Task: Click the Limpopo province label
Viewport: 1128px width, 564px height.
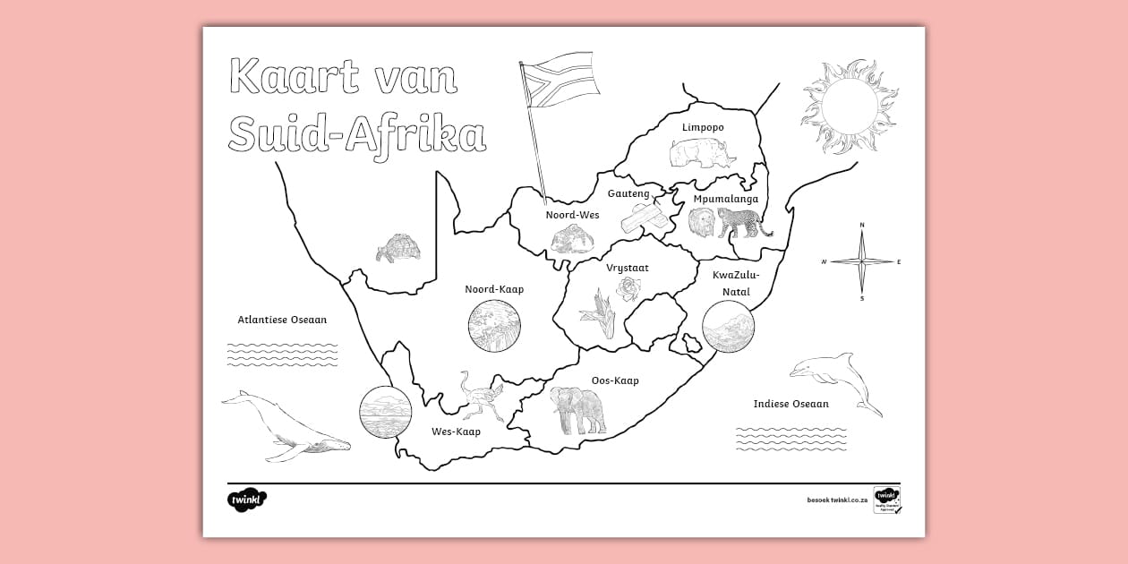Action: pyautogui.click(x=703, y=128)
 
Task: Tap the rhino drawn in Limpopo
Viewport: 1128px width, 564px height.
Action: pyautogui.click(x=701, y=155)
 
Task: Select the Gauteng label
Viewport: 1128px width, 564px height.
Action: pyautogui.click(x=628, y=193)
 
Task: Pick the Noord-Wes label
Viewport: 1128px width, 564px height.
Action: pyautogui.click(x=572, y=215)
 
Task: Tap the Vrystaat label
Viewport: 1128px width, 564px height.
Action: pyautogui.click(x=627, y=268)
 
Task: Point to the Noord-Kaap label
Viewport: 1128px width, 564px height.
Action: pyautogui.click(x=494, y=289)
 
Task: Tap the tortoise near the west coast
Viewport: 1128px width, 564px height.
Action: pyautogui.click(x=397, y=248)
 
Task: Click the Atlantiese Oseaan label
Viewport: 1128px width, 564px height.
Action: pyautogui.click(x=282, y=320)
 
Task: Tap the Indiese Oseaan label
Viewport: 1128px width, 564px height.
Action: pyautogui.click(x=790, y=404)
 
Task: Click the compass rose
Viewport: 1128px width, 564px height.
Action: pyautogui.click(x=861, y=261)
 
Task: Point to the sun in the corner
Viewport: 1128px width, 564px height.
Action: pyautogui.click(x=848, y=106)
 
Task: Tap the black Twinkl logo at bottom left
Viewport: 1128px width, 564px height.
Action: pyautogui.click(x=247, y=500)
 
